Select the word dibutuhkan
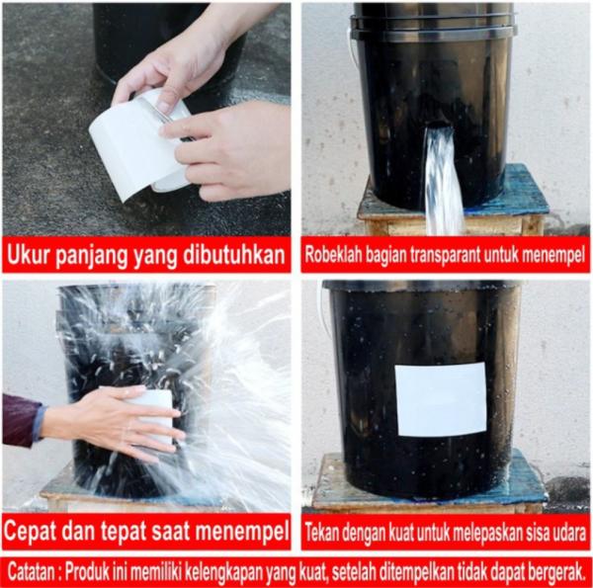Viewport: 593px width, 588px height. pyautogui.click(x=234, y=255)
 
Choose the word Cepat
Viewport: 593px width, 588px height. pyautogui.click(x=30, y=532)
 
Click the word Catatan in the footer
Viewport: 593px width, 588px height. pyautogui.click(x=31, y=572)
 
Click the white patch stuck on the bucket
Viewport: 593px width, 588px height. pyautogui.click(x=441, y=399)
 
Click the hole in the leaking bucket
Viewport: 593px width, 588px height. pyautogui.click(x=440, y=125)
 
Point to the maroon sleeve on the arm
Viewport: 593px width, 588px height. pyautogui.click(x=22, y=420)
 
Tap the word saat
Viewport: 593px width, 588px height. pyautogui.click(x=170, y=532)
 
